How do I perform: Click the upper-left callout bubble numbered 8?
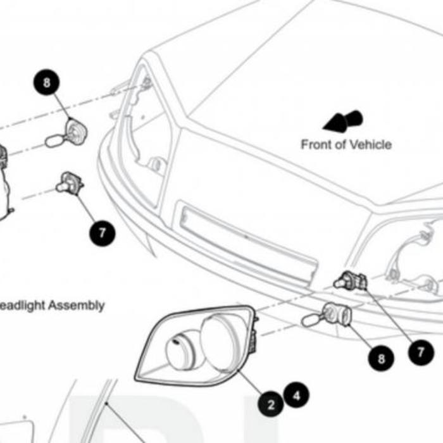point(47,82)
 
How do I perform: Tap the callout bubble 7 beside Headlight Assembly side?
point(103,233)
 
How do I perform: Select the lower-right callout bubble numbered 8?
point(381,358)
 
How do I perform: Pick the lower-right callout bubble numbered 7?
point(421,353)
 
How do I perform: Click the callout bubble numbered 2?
point(271,404)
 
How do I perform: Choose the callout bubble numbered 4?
point(296,395)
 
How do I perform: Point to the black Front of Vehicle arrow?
point(342,122)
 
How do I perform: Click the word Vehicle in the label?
point(369,145)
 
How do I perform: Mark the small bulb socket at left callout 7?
point(70,182)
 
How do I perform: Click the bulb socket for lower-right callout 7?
point(351,280)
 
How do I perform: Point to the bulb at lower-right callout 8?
point(327,315)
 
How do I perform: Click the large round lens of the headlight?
point(218,342)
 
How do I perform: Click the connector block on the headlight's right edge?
point(253,341)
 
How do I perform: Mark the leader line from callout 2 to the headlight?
point(251,382)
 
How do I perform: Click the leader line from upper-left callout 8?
point(62,106)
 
